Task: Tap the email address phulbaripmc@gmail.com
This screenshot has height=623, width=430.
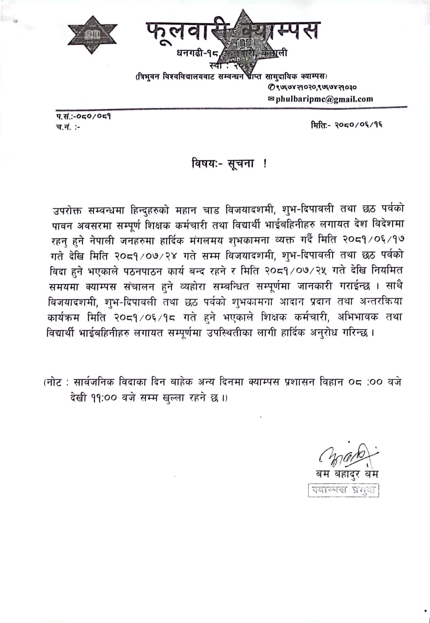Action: [x=324, y=99]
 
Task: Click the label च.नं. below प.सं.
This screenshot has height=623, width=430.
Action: [x=63, y=127]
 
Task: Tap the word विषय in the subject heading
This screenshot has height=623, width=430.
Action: [x=204, y=163]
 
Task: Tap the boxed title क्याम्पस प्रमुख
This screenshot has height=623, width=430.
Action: [x=343, y=490]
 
